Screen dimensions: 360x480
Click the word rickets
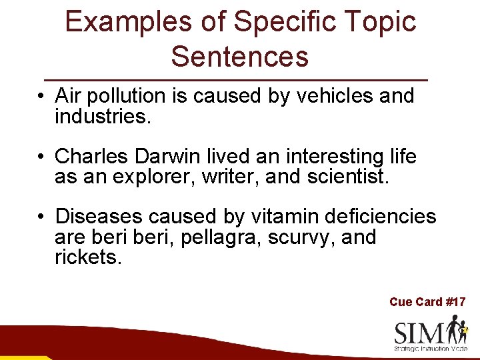87,258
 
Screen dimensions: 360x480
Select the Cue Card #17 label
427,302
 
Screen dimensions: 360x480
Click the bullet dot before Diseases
41,217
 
